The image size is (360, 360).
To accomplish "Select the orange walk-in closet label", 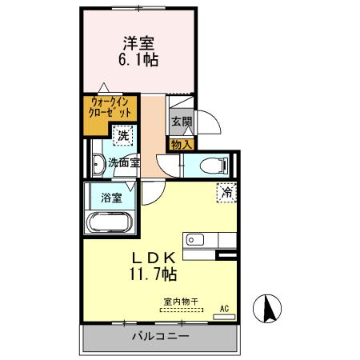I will click(x=110, y=108).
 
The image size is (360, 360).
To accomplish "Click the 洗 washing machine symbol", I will click(x=123, y=137).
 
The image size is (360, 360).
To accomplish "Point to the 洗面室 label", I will click(x=124, y=162).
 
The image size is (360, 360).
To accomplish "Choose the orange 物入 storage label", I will click(x=182, y=145).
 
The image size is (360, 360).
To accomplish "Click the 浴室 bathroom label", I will click(x=111, y=196).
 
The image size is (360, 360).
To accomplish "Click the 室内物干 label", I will click(x=182, y=302).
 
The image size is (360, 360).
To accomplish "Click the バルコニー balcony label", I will click(x=160, y=337).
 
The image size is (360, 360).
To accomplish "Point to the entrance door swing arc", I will click(x=210, y=125).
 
